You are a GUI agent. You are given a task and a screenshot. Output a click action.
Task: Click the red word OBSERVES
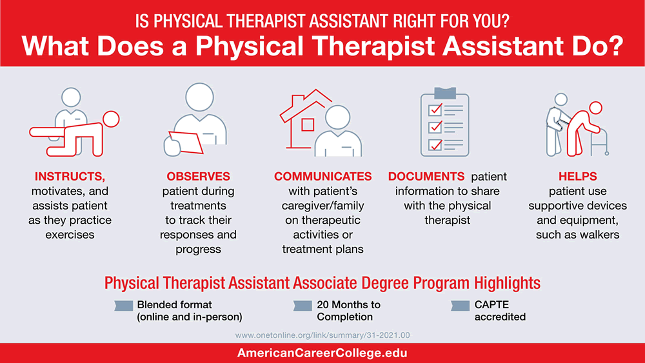198,176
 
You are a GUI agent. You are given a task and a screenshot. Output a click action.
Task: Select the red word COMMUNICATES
322,176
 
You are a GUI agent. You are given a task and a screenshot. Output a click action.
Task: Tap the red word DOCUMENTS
426,176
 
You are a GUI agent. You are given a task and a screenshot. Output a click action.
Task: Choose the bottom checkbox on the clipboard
435,143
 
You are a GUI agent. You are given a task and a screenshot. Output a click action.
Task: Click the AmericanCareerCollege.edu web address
322,353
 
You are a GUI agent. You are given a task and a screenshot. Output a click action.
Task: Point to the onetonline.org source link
322,335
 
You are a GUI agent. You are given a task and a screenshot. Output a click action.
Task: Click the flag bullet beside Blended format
124,305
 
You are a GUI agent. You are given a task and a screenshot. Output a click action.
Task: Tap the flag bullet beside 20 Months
303,305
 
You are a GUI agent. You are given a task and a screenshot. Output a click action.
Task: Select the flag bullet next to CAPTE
460,305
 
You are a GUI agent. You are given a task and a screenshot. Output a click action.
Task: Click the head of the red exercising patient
112,119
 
